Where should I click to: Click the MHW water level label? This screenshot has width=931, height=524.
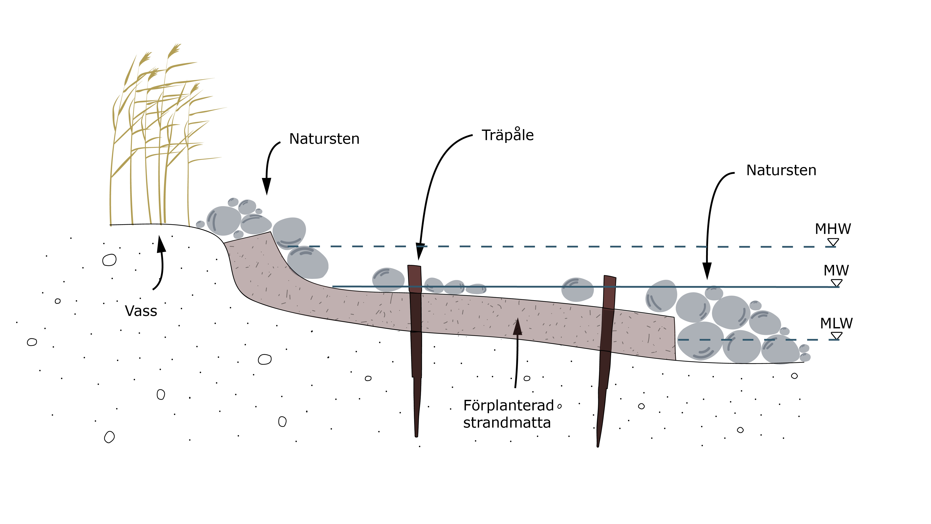point(833,229)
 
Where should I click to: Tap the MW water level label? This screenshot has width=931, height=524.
point(836,271)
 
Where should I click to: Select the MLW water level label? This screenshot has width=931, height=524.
point(836,323)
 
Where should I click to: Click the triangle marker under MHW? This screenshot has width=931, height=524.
point(833,242)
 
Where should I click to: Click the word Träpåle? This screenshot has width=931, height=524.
point(507,135)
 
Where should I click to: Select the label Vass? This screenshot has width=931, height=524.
point(141,311)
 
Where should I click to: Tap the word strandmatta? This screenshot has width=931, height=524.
point(507,422)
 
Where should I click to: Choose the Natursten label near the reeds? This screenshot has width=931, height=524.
point(324,139)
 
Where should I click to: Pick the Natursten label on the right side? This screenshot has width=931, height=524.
point(781,170)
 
